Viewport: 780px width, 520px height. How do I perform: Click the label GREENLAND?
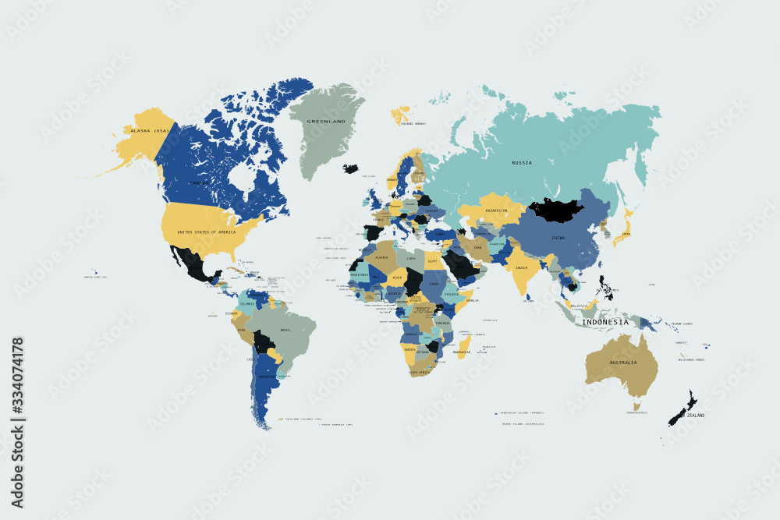[326, 122]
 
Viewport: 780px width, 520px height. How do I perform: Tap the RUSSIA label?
[522, 162]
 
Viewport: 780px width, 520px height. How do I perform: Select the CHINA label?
[558, 237]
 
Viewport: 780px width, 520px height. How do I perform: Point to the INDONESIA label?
[605, 322]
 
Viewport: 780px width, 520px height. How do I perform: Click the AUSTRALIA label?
[623, 363]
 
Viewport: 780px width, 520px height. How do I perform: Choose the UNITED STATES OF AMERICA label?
[207, 232]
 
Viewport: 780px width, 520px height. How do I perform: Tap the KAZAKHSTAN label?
[497, 210]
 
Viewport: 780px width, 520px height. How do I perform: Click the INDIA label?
[521, 268]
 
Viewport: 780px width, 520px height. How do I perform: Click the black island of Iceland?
[350, 168]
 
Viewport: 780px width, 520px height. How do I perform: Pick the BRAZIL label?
[285, 330]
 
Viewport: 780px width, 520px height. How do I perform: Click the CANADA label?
[200, 183]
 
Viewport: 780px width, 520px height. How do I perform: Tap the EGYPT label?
[434, 261]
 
